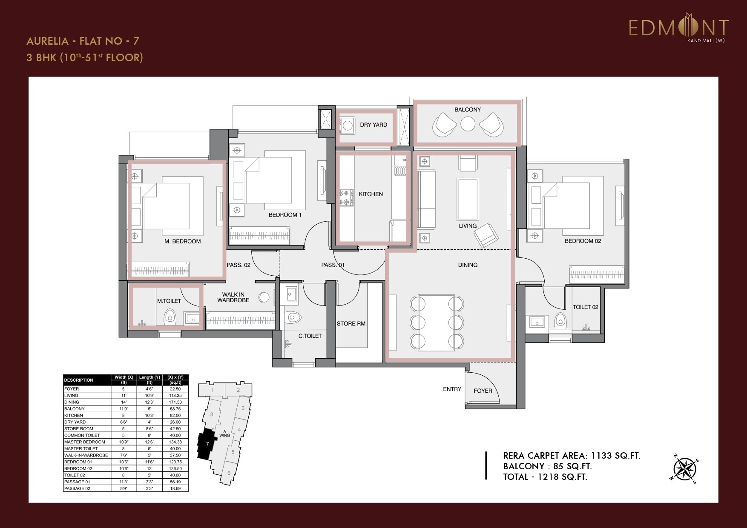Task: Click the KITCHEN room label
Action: click(x=371, y=194)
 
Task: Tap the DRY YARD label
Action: click(x=373, y=125)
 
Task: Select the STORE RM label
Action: click(x=351, y=323)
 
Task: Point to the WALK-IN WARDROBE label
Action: click(x=233, y=297)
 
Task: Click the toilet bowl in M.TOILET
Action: click(x=170, y=317)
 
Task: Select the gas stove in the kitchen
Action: click(x=346, y=197)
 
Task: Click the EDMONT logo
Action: click(x=679, y=28)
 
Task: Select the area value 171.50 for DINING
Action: click(x=175, y=402)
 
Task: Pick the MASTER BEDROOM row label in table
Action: click(x=84, y=442)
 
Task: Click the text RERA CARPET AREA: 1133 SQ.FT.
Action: click(x=571, y=456)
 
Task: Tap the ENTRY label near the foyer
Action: click(x=452, y=389)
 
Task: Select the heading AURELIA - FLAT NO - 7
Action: click(x=83, y=41)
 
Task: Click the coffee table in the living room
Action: click(x=468, y=193)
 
